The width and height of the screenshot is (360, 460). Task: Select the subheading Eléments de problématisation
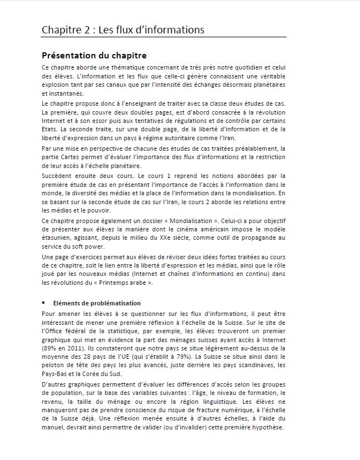click(x=97, y=303)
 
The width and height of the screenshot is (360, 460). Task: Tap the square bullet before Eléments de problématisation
click(x=43, y=303)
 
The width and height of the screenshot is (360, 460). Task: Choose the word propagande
click(x=253, y=238)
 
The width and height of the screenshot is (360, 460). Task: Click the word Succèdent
click(x=58, y=175)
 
